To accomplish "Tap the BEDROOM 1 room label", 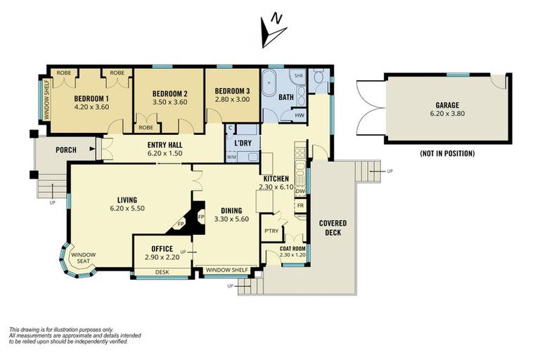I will pyautogui.click(x=91, y=98).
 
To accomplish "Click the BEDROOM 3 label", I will pyautogui.click(x=232, y=91).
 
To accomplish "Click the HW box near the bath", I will pyautogui.click(x=299, y=115).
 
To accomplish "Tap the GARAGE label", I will pyautogui.click(x=447, y=103).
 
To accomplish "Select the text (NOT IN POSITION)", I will pyautogui.click(x=447, y=153).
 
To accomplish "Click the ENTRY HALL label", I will pyautogui.click(x=165, y=143).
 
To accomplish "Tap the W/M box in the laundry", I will pyautogui.click(x=231, y=157).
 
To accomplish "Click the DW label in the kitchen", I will pyautogui.click(x=300, y=191).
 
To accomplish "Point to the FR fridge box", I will pyautogui.click(x=300, y=205).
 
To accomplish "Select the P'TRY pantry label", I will pyautogui.click(x=271, y=230).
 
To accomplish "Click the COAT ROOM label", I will pyautogui.click(x=292, y=247).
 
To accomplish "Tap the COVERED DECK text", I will pyautogui.click(x=333, y=227).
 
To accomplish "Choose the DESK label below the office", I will pyautogui.click(x=162, y=271).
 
